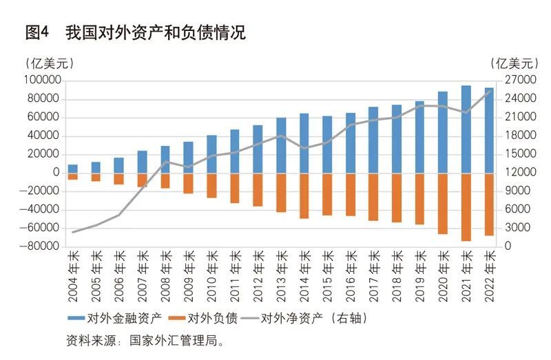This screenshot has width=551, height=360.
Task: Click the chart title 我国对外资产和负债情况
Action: click(155, 32)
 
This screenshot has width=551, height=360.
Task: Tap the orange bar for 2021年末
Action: click(466, 207)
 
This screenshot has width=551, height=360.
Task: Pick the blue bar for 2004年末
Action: click(72, 169)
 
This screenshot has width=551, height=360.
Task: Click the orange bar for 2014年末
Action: click(304, 195)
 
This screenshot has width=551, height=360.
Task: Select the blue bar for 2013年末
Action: click(281, 145)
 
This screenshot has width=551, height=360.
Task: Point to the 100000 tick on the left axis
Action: click(42, 81)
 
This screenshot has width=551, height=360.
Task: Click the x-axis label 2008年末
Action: click(165, 272)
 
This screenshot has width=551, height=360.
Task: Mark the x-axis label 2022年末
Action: click(490, 272)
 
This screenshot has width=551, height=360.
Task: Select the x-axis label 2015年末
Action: click(327, 272)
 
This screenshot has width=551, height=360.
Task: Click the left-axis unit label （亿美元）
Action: click(50, 63)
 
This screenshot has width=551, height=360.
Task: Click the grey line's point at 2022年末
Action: click(490, 90)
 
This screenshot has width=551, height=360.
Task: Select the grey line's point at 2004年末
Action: click(72, 232)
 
